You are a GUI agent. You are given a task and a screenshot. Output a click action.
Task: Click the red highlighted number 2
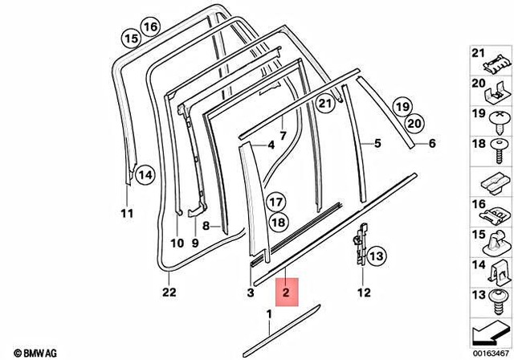[x=286, y=290]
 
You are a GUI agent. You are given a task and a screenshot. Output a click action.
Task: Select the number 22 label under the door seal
[x=168, y=292]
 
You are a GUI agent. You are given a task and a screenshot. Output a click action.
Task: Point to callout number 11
[x=125, y=213]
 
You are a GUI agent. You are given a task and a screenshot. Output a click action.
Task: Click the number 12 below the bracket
[x=363, y=292]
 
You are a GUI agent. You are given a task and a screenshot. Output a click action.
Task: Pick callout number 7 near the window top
[x=283, y=134]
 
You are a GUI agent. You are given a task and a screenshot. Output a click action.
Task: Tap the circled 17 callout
[x=276, y=202]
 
